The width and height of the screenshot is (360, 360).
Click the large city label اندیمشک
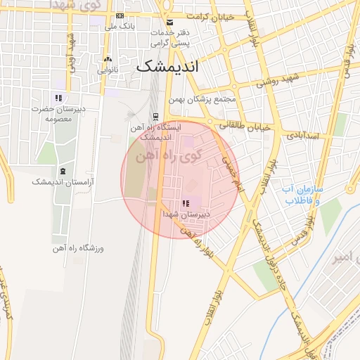click(x=167, y=67)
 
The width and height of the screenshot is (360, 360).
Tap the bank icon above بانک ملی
click(x=120, y=16)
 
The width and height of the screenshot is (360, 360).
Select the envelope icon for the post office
click(x=169, y=22)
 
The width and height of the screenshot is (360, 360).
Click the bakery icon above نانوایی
click(x=108, y=60)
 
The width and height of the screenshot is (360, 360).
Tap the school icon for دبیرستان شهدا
click(x=186, y=203)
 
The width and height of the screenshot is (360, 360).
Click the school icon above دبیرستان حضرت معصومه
click(x=58, y=98)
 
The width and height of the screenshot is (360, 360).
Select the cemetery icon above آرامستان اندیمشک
click(x=63, y=171)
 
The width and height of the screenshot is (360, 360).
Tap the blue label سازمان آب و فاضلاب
click(x=302, y=195)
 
